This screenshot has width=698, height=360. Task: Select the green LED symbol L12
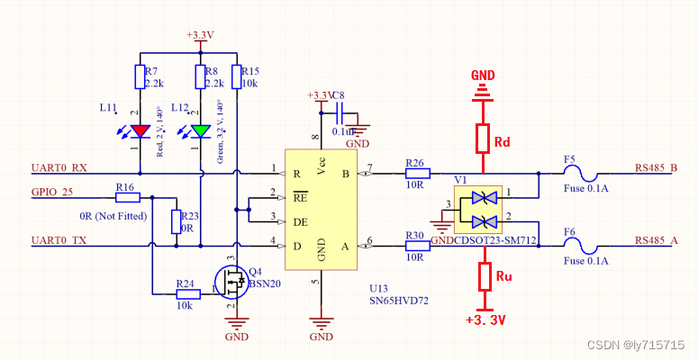[201, 131]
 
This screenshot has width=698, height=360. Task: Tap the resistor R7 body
[139, 76]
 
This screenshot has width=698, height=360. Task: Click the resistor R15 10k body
[236, 76]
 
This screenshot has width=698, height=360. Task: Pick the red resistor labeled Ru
[484, 275]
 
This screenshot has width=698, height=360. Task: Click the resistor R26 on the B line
[417, 173]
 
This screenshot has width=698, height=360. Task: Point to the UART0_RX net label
[59, 166]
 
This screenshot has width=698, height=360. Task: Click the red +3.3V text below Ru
[484, 320]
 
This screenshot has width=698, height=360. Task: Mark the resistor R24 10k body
[187, 293]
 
